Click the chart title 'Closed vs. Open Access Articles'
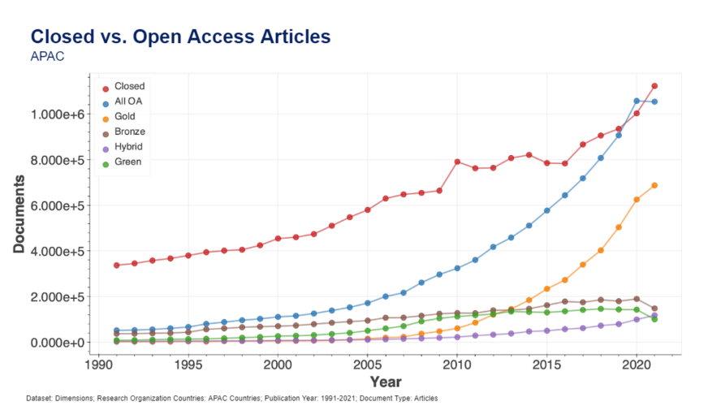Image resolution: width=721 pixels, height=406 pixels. tap(179, 37)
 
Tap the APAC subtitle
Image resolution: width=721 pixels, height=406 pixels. tap(47, 57)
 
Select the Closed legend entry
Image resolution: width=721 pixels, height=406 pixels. tap(129, 86)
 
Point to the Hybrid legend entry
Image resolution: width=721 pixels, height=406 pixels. tap(129, 146)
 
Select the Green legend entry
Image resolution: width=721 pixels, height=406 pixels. tap(128, 161)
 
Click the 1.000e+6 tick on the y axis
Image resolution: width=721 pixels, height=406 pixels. tap(58, 114)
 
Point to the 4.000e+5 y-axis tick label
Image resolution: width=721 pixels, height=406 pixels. tap(58, 251)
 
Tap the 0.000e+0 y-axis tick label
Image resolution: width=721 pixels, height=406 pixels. tap(58, 343)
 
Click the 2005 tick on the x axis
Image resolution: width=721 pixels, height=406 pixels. tap(368, 365)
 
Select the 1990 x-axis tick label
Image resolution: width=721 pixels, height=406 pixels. tap(99, 365)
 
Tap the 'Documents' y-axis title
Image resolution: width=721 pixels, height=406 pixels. tap(19, 213)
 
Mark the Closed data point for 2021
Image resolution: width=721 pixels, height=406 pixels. tap(654, 86)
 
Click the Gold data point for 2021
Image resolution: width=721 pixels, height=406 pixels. tap(654, 185)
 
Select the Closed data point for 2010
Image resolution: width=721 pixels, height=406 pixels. tap(457, 162)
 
